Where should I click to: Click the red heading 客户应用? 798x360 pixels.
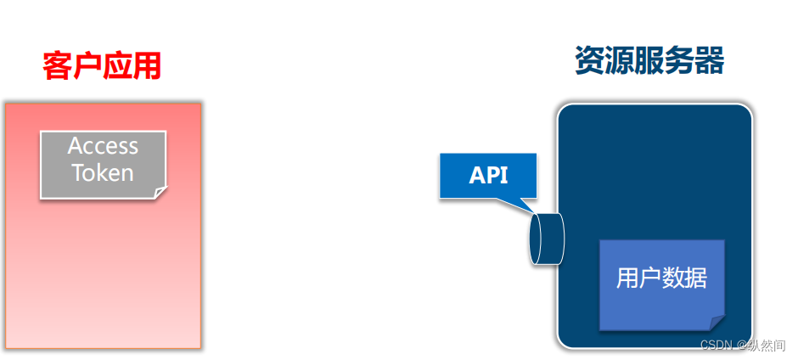102,65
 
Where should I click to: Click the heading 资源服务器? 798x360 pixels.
649,61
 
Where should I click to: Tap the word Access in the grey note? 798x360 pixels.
103,146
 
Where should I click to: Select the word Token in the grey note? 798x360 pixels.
103,173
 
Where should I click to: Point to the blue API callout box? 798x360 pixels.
488,176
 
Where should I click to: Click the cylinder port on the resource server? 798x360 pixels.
546,238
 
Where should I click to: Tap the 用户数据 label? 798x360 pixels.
662,278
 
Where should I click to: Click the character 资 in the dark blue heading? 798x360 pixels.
590,61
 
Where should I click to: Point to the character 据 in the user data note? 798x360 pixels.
696,278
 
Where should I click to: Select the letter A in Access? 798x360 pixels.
75,146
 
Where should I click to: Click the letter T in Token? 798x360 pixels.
78,173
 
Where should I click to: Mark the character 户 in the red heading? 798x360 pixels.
87,65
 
